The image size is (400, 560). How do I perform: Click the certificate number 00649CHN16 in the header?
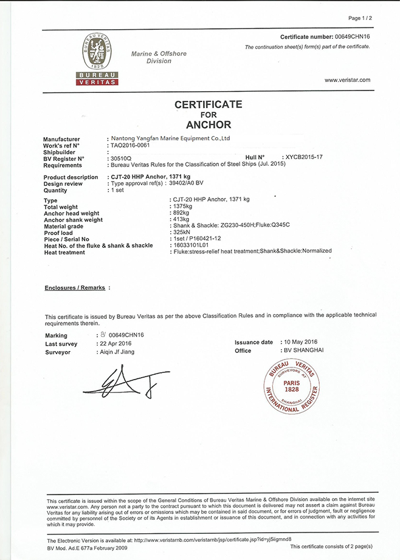351,37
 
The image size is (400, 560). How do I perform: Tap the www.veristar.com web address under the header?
347,80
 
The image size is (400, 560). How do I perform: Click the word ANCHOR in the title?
209,125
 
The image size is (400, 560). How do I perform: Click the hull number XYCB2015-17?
312,158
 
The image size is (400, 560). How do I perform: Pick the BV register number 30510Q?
120,158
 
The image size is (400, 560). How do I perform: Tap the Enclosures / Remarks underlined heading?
75,287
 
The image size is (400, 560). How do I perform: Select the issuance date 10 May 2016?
302,342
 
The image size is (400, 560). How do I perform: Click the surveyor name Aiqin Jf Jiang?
117,352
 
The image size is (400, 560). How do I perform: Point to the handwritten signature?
122,383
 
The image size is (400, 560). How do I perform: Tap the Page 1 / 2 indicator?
359,18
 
